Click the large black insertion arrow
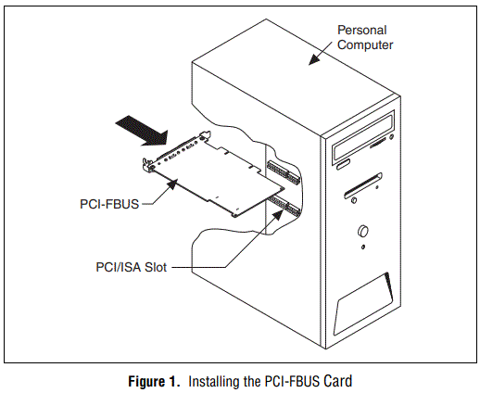(x=137, y=126)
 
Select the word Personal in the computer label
(x=360, y=31)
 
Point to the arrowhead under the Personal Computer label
(x=312, y=62)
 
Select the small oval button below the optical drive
(x=343, y=164)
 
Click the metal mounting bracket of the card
(x=147, y=166)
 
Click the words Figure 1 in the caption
(x=157, y=379)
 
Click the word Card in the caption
(x=338, y=379)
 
